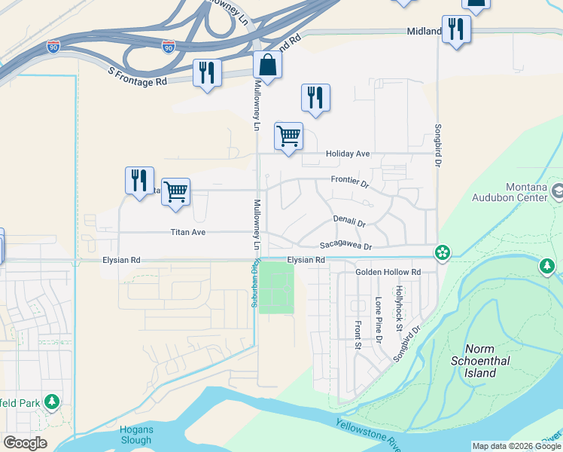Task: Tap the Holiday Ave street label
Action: tap(347, 154)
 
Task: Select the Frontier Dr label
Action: tap(350, 182)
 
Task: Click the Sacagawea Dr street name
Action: tap(345, 246)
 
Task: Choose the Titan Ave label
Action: tap(187, 233)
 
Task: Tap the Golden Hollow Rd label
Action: tap(388, 272)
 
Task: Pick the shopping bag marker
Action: tap(267, 66)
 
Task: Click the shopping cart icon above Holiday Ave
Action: tap(288, 136)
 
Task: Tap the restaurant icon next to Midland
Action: tap(455, 29)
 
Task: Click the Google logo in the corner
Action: tap(25, 442)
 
